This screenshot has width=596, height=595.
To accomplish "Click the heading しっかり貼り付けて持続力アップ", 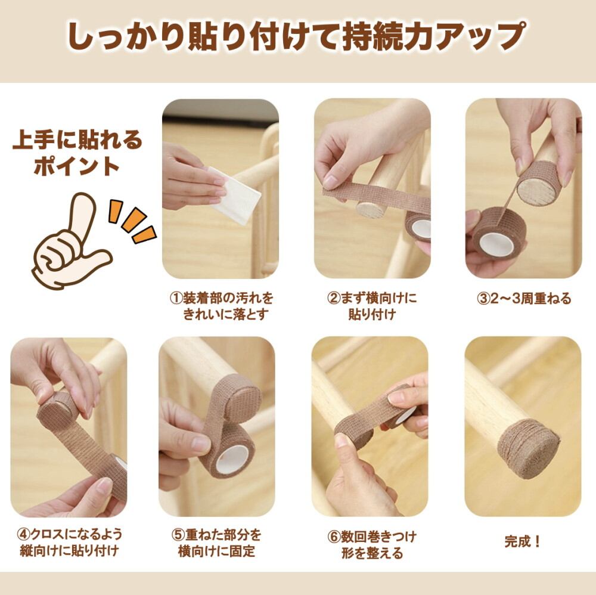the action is tap(296, 37).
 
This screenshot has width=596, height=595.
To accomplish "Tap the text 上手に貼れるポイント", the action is tap(77, 153).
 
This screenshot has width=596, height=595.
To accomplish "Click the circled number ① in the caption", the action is tap(176, 299).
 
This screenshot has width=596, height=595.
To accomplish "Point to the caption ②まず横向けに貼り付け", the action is tap(372, 306).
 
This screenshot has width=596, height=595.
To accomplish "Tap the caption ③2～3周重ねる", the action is tap(524, 299).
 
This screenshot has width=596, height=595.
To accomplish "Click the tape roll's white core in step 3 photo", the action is tap(496, 245).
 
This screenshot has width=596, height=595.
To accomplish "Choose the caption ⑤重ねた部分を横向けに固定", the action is tap(217, 543).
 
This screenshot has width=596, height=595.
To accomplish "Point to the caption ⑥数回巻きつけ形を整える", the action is tap(372, 544).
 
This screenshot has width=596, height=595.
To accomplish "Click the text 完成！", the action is tap(522, 541).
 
